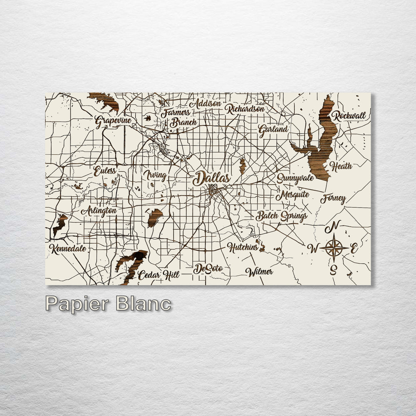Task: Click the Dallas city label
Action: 211,178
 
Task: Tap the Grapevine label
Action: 113,121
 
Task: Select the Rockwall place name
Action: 349,115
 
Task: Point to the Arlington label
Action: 99,211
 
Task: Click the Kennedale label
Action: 68,249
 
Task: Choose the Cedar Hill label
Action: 158,275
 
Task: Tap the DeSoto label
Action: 208,269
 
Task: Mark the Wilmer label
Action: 259,272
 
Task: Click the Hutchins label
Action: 243,247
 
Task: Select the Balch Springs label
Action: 282,216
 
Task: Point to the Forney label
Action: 333,199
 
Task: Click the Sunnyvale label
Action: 295,178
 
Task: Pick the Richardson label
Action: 245,109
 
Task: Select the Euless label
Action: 104,171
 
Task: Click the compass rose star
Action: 334,248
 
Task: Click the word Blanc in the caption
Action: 144,304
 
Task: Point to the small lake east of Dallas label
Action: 243,166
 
